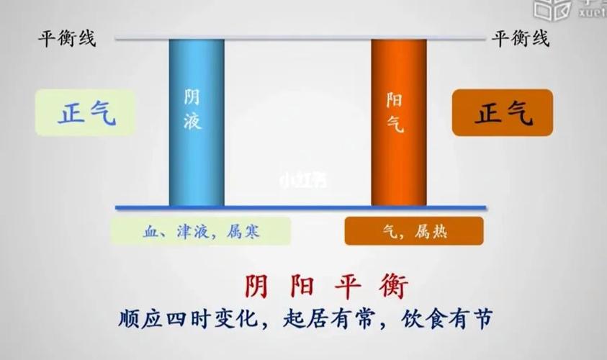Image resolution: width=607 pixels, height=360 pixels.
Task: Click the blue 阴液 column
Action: [x=196, y=122]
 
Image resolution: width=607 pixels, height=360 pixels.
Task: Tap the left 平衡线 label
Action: [x=66, y=38]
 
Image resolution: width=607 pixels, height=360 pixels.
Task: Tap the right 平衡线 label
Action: [x=521, y=38]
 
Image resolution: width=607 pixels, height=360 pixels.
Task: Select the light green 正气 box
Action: [x=85, y=113]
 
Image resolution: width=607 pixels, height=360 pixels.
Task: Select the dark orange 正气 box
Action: [x=502, y=113]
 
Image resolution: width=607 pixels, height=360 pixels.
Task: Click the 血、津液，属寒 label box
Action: [x=200, y=231]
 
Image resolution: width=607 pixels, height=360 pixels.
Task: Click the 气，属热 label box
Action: [x=413, y=231]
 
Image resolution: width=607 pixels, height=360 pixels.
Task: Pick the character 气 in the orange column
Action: [x=395, y=124]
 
